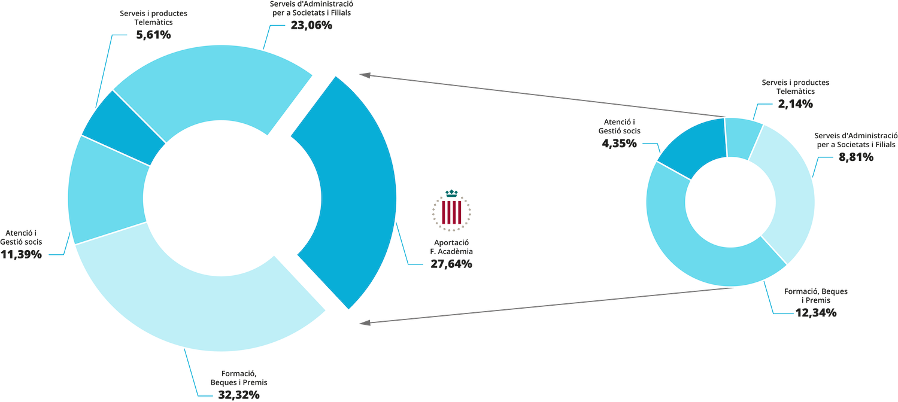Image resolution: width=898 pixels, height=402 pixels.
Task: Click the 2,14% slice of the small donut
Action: pyautogui.click(x=744, y=138)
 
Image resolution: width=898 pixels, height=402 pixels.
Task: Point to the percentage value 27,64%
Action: pyautogui.click(x=451, y=263)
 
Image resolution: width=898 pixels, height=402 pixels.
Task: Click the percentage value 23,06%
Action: pyautogui.click(x=311, y=26)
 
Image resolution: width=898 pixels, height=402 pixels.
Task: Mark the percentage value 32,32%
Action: pyautogui.click(x=238, y=394)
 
